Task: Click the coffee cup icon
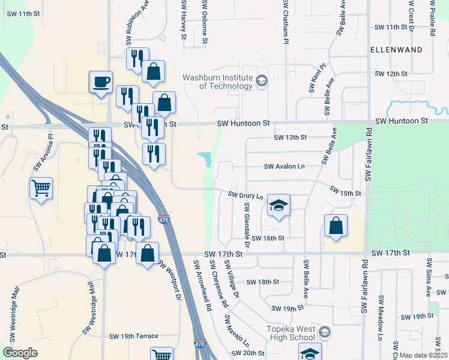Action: tap(101, 81)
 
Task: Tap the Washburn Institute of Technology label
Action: tap(217, 82)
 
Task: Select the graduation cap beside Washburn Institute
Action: tap(261, 80)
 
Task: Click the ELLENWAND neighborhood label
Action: tap(396, 49)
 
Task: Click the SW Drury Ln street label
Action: tap(246, 195)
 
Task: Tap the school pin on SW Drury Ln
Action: tap(279, 206)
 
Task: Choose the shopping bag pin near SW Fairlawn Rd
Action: tap(336, 226)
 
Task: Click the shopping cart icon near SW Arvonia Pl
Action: tap(41, 188)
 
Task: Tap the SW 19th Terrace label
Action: tap(134, 337)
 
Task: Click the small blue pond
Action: tap(205, 159)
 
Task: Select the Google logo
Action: tap(20, 353)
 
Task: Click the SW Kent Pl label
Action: tap(318, 79)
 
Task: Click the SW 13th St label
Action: tap(290, 137)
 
